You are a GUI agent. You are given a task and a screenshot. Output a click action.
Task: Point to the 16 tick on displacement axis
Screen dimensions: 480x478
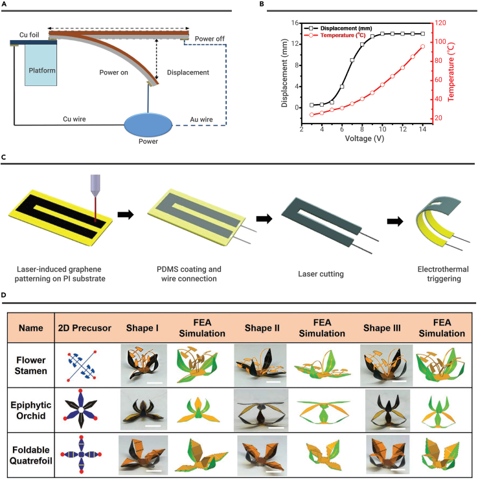pos(293,23)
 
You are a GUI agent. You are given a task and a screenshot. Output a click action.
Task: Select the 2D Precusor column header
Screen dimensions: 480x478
pos(82,329)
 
